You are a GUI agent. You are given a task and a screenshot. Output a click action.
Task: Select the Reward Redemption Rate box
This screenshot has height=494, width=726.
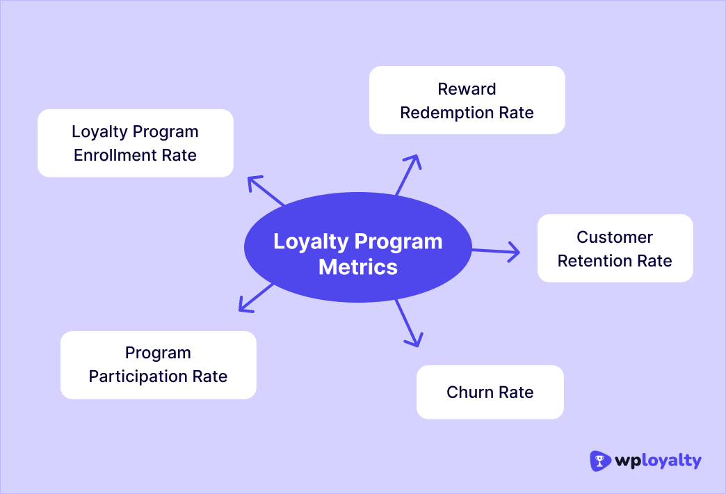pyautogui.click(x=467, y=100)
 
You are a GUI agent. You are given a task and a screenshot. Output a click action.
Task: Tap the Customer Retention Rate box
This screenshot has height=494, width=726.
pyautogui.click(x=615, y=248)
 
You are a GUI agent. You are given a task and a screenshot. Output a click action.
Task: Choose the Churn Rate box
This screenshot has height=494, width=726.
pyautogui.click(x=490, y=392)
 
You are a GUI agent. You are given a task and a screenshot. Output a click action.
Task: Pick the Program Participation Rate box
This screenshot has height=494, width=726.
pyautogui.click(x=158, y=365)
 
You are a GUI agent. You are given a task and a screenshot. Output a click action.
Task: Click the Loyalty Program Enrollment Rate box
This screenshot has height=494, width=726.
pyautogui.click(x=135, y=143)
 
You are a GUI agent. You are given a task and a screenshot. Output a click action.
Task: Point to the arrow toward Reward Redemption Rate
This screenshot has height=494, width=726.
pyautogui.click(x=409, y=174)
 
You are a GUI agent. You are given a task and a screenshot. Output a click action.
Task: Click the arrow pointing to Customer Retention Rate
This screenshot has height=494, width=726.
pyautogui.click(x=497, y=251)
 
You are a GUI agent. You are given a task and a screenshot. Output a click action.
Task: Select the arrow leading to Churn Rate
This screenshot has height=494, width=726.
pyautogui.click(x=410, y=324)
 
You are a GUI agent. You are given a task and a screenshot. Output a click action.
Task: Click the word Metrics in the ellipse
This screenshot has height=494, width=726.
pyautogui.click(x=357, y=267)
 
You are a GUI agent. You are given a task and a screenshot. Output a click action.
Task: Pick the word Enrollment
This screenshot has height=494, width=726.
pyautogui.click(x=115, y=155)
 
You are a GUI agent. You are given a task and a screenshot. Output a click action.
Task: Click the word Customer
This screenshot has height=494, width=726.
pyautogui.click(x=615, y=237)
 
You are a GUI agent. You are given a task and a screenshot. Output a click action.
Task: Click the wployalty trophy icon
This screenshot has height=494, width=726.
pyautogui.click(x=600, y=461)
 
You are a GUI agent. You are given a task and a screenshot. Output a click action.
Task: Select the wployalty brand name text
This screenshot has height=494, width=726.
pyautogui.click(x=659, y=461)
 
